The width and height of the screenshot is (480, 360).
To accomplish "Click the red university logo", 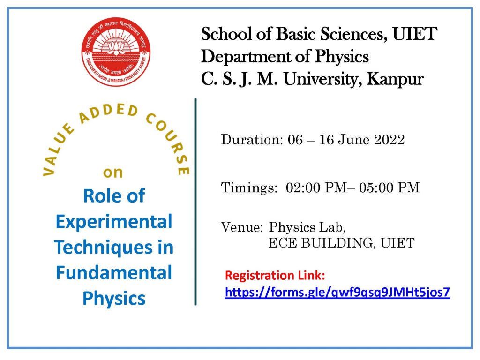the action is coord(116,52).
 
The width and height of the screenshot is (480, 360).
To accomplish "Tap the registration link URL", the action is coord(337,292).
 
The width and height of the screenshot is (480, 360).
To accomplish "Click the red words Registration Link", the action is coord(275,275).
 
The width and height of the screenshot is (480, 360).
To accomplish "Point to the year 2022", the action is coord(390,140).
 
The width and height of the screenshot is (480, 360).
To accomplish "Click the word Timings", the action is coord(249,187).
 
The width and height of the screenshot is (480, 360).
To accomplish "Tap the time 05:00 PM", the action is coord(390,187).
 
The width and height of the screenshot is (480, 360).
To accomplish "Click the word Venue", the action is coord(242,227).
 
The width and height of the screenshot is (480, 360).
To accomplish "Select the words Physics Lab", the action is coord(307,228).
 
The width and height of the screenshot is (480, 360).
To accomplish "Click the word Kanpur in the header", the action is coord(395,79).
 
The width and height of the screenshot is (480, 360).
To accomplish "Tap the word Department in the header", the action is coord(246,57).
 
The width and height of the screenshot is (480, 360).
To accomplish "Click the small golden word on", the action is coord(113,172).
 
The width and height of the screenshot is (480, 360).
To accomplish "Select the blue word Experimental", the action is coord(114,222).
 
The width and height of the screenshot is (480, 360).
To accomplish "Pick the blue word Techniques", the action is coord(103,247).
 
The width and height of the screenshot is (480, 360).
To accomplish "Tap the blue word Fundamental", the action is coord(114,272).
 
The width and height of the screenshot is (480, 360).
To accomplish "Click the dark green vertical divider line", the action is coord(195,202).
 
